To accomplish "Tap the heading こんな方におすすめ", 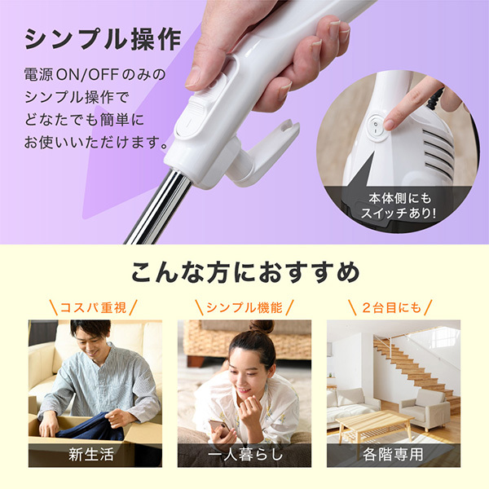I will (x=244, y=272).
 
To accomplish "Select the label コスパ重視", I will (x=95, y=307).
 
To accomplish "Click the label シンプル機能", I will (x=244, y=307).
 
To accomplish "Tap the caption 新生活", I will (x=95, y=454).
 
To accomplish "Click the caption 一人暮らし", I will (x=244, y=454).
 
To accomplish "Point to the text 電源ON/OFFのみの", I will (x=94, y=75).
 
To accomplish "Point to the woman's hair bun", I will (x=262, y=327).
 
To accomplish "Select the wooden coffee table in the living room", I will (x=374, y=424).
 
